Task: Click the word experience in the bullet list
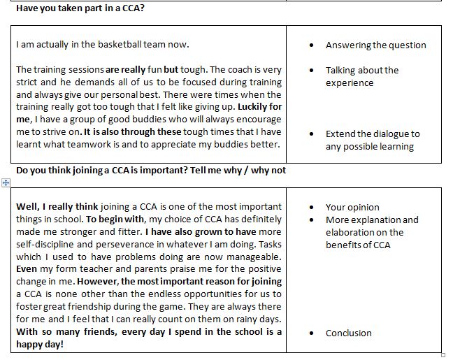350,82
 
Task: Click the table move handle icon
6,182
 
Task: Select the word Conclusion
348,333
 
